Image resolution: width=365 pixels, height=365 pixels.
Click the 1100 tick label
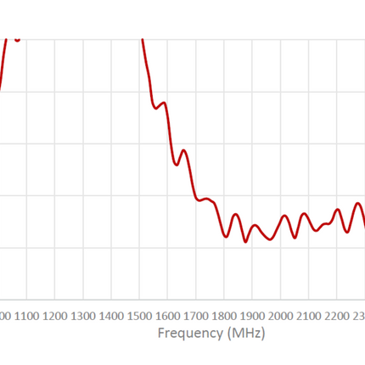(x=26, y=315)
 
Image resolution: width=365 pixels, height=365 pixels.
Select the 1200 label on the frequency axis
(x=54, y=315)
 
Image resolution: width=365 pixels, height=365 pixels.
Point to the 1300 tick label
(x=83, y=315)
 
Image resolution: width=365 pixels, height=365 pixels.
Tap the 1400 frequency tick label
(x=111, y=315)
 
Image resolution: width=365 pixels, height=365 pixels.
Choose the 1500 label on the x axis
(x=139, y=315)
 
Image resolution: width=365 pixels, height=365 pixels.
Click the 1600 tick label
(x=168, y=315)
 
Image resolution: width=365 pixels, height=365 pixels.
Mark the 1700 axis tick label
(x=196, y=315)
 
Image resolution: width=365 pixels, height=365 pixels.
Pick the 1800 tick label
(x=224, y=315)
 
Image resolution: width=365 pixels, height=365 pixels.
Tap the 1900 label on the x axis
(x=253, y=315)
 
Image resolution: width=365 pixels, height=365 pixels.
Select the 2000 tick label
(x=281, y=315)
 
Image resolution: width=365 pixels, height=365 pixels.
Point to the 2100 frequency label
(x=309, y=315)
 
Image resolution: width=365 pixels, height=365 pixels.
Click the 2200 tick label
(x=338, y=315)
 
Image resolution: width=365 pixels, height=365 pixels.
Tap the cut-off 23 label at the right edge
(x=359, y=315)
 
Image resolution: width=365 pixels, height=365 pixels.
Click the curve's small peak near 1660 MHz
(x=182, y=150)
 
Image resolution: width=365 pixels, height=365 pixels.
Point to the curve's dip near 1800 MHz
(x=227, y=237)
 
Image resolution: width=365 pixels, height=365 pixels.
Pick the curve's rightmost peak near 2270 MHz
(x=357, y=204)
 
